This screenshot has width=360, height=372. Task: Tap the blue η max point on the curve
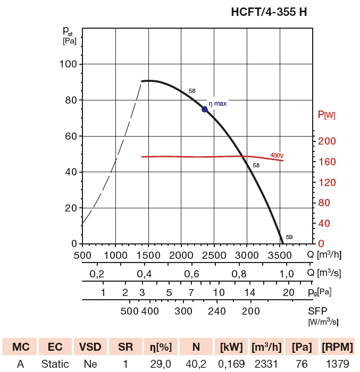pos(205,109)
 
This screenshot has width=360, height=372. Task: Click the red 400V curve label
pos(277,155)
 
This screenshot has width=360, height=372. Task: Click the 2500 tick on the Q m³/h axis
pos(214,255)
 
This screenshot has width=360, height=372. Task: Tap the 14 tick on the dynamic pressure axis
pos(250,293)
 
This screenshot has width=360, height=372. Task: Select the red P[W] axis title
pos(326,114)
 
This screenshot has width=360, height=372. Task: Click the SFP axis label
pos(317,310)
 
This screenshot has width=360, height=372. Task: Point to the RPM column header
pos(337,347)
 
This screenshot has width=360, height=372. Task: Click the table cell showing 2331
pos(266,364)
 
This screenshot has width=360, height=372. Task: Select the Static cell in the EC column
pos(55,364)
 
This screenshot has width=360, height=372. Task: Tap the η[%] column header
pos(161,347)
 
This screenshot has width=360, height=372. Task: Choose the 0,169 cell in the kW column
pos(231,364)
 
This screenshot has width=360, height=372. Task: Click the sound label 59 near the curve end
pos(289,237)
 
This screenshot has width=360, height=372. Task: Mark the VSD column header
pos(90,347)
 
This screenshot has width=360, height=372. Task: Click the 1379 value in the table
pos(337,364)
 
